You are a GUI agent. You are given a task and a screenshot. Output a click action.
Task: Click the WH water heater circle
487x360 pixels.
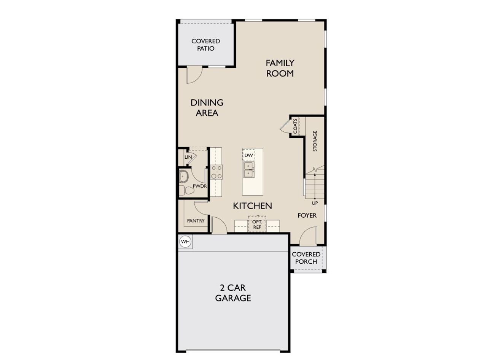[185, 241]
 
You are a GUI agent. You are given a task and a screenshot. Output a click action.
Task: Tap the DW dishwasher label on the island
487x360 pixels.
[248, 155]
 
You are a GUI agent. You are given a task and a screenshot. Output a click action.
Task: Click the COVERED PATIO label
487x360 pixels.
[205, 45]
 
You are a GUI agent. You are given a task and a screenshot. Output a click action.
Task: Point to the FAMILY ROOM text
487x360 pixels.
[280, 68]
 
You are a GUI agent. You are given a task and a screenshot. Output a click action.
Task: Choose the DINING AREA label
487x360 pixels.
[207, 108]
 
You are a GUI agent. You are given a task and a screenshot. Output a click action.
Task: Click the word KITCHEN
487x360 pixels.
[252, 206]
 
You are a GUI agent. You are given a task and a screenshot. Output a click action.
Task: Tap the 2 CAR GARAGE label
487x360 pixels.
[233, 293]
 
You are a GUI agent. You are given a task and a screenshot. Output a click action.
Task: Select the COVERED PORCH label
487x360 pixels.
[306, 258]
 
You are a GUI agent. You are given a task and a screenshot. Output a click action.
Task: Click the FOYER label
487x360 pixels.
[307, 215]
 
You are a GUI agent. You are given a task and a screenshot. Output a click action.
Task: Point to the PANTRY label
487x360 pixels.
[196, 221]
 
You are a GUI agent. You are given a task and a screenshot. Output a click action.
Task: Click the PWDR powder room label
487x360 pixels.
[199, 186]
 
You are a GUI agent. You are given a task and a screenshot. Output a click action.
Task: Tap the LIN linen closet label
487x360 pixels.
[188, 157]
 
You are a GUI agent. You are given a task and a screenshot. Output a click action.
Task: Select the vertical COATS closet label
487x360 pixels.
[295, 126]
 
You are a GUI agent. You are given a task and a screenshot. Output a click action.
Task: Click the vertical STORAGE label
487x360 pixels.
[315, 141]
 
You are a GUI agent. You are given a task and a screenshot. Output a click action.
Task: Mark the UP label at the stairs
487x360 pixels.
[315, 203]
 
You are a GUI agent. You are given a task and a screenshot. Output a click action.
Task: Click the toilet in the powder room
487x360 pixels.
[183, 190]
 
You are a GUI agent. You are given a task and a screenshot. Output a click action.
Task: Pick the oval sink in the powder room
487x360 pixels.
[185, 177]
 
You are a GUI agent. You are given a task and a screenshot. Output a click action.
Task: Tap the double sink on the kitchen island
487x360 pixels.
[249, 170]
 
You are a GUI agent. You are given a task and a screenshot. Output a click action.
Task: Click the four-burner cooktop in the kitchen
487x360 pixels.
[216, 172]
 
